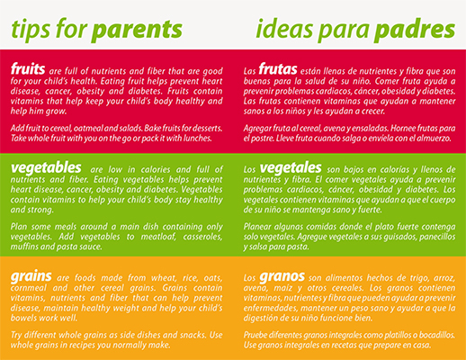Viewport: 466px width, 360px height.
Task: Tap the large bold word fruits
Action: (28, 68)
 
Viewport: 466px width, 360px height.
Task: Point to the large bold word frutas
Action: (278, 68)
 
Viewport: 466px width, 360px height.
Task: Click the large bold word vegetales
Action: (291, 168)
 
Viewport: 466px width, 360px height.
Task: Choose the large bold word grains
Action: (31, 276)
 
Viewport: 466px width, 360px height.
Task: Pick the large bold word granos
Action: (282, 276)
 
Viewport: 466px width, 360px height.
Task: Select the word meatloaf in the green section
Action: (158, 237)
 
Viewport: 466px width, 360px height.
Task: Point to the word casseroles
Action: (202, 237)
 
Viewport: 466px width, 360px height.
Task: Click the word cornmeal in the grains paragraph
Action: (29, 288)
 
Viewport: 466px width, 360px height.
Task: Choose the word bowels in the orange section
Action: (24, 318)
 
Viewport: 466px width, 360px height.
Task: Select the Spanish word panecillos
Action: (437, 237)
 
